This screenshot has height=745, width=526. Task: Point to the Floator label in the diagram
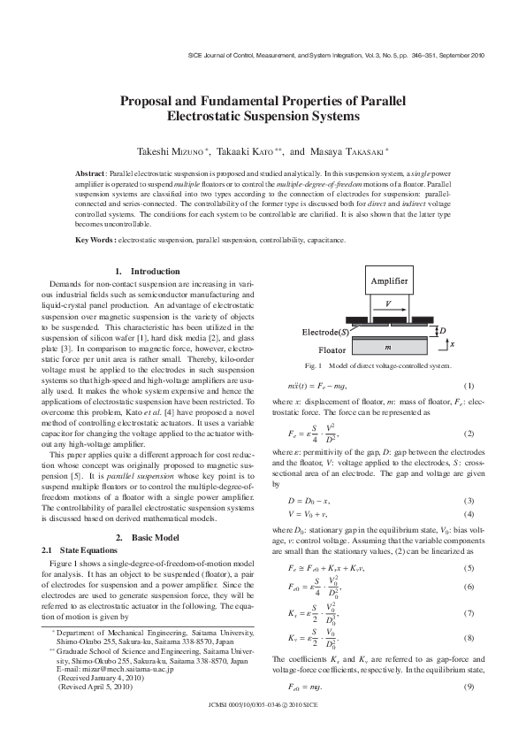332,349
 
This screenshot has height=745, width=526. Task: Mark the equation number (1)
469,387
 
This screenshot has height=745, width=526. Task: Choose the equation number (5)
469,566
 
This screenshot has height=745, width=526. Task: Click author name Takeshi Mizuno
172,151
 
